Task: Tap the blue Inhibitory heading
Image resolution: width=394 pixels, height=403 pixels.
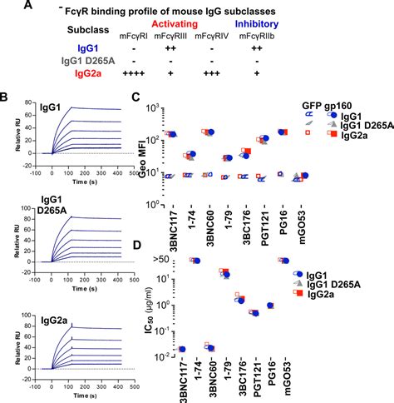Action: [347, 26]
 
